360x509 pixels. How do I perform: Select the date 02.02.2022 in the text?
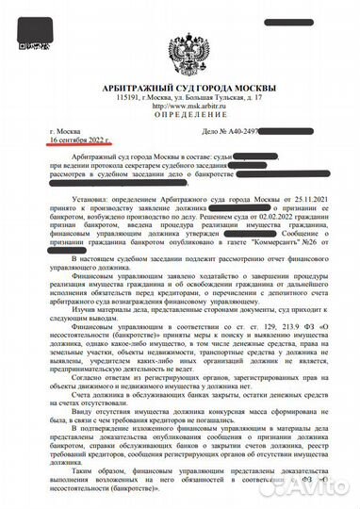235,217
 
